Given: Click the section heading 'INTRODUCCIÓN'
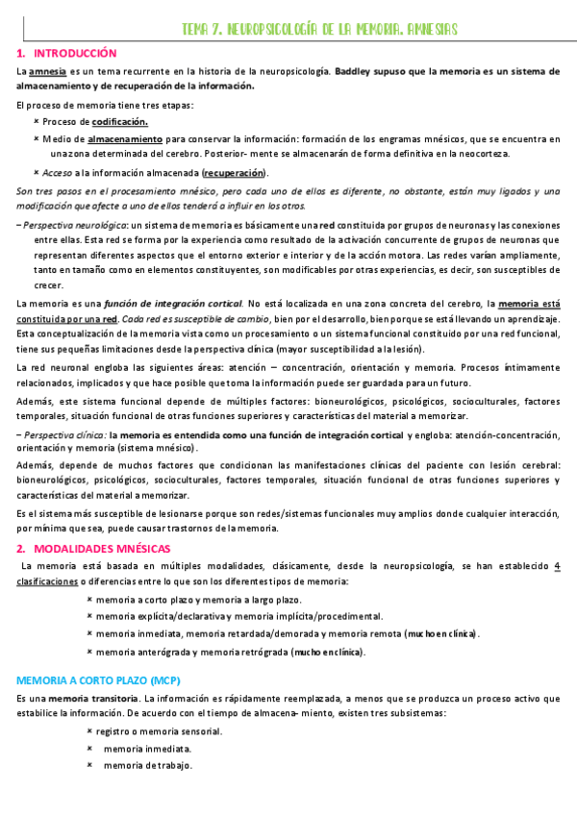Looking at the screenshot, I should [x=75, y=54].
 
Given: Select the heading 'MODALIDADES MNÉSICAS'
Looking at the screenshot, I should [x=103, y=549].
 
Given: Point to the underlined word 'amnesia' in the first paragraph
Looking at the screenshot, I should [x=48, y=72].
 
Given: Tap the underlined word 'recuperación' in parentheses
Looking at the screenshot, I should [x=234, y=173].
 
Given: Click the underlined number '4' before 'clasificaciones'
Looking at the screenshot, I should [x=558, y=567].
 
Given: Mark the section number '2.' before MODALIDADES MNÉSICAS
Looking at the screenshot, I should [x=23, y=549].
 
